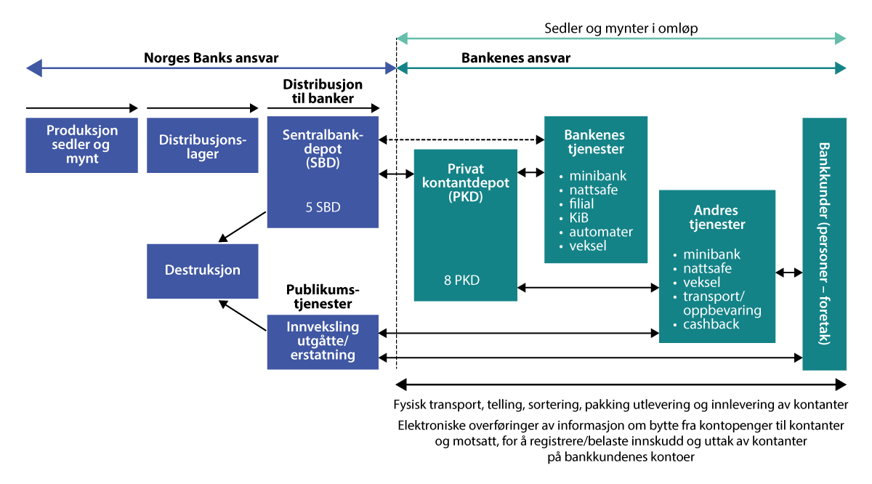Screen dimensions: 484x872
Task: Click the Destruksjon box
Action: click(x=203, y=270)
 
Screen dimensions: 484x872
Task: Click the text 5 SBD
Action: click(x=323, y=207)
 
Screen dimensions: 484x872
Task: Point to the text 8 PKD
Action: click(x=461, y=280)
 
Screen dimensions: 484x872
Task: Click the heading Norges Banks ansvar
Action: click(x=211, y=58)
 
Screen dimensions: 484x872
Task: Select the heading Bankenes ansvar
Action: click(x=516, y=58)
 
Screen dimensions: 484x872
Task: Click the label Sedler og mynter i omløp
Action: click(x=621, y=29)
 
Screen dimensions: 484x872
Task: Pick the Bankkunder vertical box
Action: click(x=824, y=243)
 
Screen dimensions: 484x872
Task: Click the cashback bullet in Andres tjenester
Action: click(x=711, y=324)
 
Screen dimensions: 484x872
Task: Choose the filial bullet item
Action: click(x=581, y=204)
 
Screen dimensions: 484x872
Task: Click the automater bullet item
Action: click(x=601, y=232)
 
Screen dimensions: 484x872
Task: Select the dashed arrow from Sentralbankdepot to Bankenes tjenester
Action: click(x=462, y=140)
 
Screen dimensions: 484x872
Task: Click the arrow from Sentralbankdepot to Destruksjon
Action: click(x=243, y=225)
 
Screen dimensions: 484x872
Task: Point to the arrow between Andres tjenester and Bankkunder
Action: click(x=789, y=273)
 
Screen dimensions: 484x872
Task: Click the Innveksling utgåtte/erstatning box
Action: click(x=323, y=341)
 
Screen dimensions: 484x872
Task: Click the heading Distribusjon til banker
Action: click(x=323, y=92)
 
